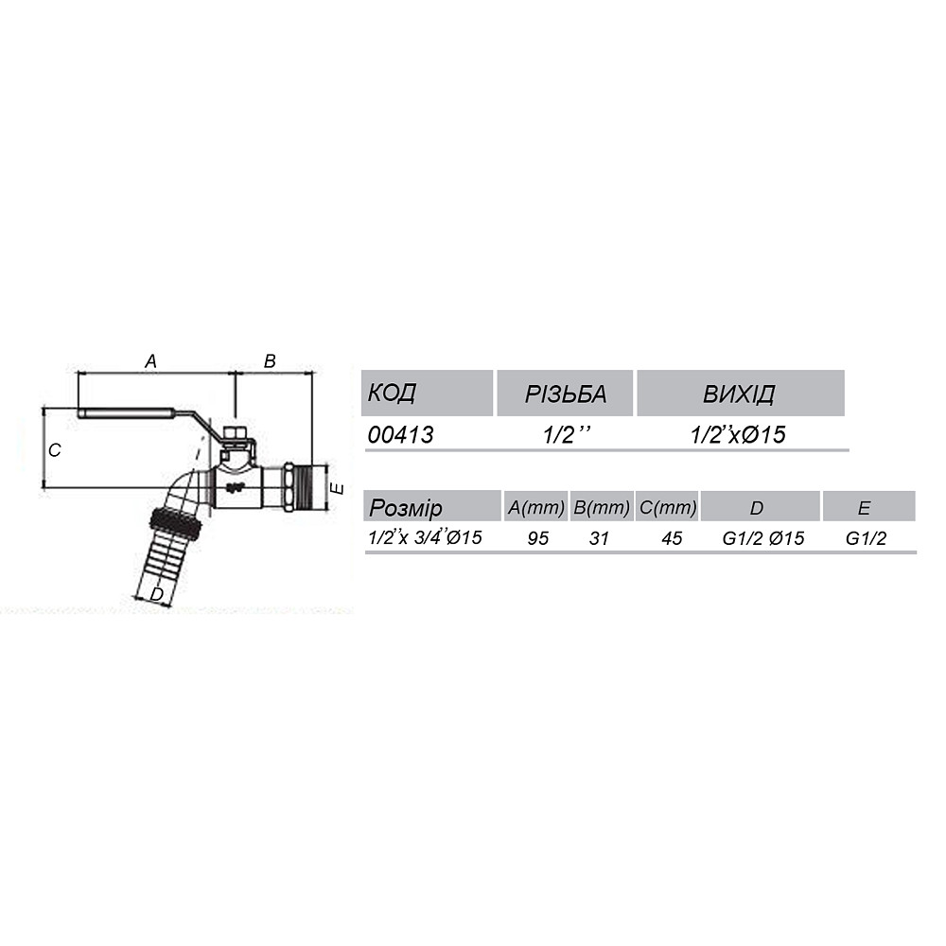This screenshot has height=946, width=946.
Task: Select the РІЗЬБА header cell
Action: [x=565, y=393]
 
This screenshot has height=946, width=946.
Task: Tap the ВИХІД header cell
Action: [x=739, y=393]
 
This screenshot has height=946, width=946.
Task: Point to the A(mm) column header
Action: [x=536, y=508]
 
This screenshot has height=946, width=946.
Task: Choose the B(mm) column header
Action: [x=602, y=508]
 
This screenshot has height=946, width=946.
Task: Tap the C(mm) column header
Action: [x=668, y=508]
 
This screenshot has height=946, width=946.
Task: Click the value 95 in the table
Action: [x=536, y=538]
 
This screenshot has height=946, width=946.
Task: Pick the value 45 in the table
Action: [x=672, y=538]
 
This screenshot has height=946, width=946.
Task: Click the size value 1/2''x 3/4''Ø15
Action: [x=426, y=537]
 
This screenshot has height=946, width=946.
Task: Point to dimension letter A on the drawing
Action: [x=149, y=360]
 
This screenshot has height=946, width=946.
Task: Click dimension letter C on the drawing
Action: [x=56, y=450]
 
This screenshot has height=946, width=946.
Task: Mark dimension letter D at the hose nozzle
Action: [x=157, y=593]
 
